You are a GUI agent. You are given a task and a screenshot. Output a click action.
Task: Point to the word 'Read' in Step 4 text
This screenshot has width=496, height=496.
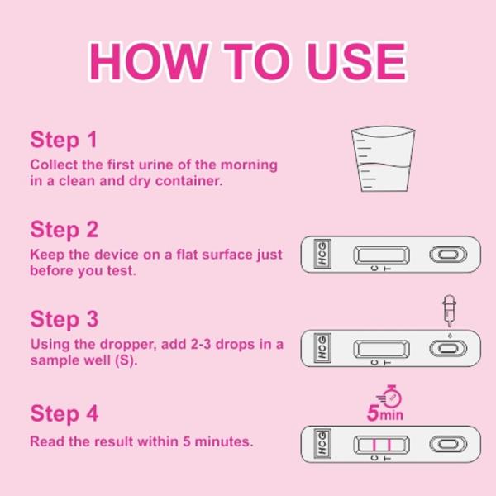[46, 441]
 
